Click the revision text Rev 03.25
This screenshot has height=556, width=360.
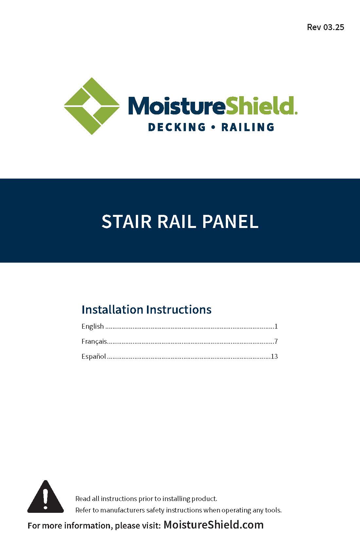click(x=325, y=27)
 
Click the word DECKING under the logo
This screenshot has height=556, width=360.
click(x=177, y=127)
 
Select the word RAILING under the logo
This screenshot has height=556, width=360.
click(x=248, y=127)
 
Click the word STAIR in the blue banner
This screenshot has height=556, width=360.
click(x=126, y=221)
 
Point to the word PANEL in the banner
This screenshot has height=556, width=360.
click(x=230, y=221)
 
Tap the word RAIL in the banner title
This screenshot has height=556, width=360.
click(x=177, y=221)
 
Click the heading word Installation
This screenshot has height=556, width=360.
click(x=112, y=309)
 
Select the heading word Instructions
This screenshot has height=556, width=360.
click(x=179, y=309)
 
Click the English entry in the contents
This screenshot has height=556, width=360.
click(x=92, y=326)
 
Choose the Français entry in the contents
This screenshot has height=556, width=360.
click(x=94, y=341)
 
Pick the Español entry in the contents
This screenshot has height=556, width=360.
click(x=94, y=356)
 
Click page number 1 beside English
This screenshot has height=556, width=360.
click(x=276, y=326)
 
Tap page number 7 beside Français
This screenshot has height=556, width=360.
click(x=276, y=341)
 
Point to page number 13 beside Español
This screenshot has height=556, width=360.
click(x=274, y=356)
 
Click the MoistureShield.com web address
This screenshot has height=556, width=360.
click(x=213, y=525)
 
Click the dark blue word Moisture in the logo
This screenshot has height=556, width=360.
click(x=177, y=106)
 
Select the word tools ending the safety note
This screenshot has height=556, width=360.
click(x=273, y=510)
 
